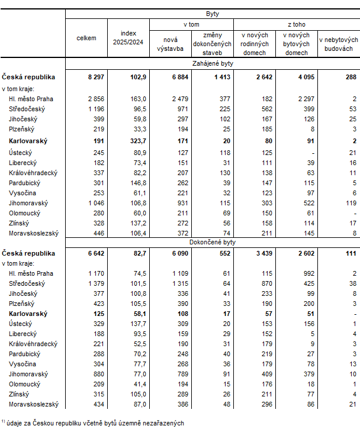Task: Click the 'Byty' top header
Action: point(212,13)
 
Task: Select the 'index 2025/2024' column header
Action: point(128,38)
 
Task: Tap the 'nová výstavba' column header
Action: point(171,43)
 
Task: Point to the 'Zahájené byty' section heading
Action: point(212,63)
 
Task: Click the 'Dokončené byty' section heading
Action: point(212,243)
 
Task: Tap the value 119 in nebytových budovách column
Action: point(349,203)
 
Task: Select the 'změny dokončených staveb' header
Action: point(213,43)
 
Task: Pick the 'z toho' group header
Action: point(296,25)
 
